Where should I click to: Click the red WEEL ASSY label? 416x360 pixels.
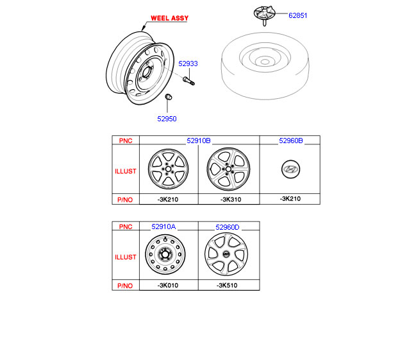tap(169, 18)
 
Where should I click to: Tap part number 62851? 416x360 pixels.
tap(297, 15)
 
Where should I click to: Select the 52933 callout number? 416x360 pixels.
tap(188, 64)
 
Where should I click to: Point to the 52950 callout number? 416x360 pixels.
tap(167, 119)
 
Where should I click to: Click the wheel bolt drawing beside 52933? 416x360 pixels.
tap(188, 81)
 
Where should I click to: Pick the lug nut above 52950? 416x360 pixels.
tap(168, 97)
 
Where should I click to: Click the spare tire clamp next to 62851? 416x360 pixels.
tap(265, 15)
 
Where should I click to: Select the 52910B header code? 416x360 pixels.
tap(199, 141)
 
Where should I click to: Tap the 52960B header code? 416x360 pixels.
tap(291, 141)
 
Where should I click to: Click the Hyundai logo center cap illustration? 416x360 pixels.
tap(291, 169)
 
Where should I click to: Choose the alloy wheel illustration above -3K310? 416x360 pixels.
tap(228, 169)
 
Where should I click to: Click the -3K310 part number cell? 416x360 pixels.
tap(231, 200)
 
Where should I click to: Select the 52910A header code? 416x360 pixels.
tap(163, 227)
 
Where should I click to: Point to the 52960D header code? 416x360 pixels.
tap(228, 227)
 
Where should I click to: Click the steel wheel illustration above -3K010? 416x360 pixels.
tap(165, 255)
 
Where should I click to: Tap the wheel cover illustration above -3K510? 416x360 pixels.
tap(226, 254)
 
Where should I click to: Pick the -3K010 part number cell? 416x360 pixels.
tap(168, 286)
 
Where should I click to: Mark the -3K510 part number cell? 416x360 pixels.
tap(227, 286)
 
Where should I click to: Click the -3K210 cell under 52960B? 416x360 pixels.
tap(290, 199)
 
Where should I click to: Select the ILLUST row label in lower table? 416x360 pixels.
tap(126, 257)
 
